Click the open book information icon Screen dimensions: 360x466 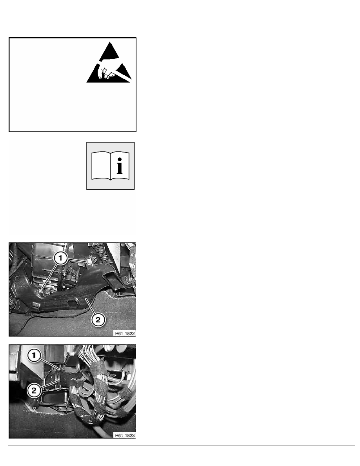tap(111, 166)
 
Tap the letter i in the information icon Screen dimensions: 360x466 tap(120, 166)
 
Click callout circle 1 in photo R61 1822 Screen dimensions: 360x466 tap(61, 258)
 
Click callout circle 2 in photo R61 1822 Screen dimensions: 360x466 tap(98, 320)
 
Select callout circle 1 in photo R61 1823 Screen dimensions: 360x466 tap(34, 355)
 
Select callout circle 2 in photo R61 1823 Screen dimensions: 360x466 tap(34, 390)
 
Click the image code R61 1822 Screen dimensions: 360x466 tap(125, 333)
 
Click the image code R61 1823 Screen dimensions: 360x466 tap(125, 435)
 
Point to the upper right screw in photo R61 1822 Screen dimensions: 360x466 tap(89, 261)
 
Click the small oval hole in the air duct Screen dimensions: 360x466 tap(72, 303)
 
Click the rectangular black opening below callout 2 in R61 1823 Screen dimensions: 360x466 tap(55, 399)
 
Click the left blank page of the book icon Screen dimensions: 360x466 tap(101, 166)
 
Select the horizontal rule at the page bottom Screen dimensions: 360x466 tap(182, 446)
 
